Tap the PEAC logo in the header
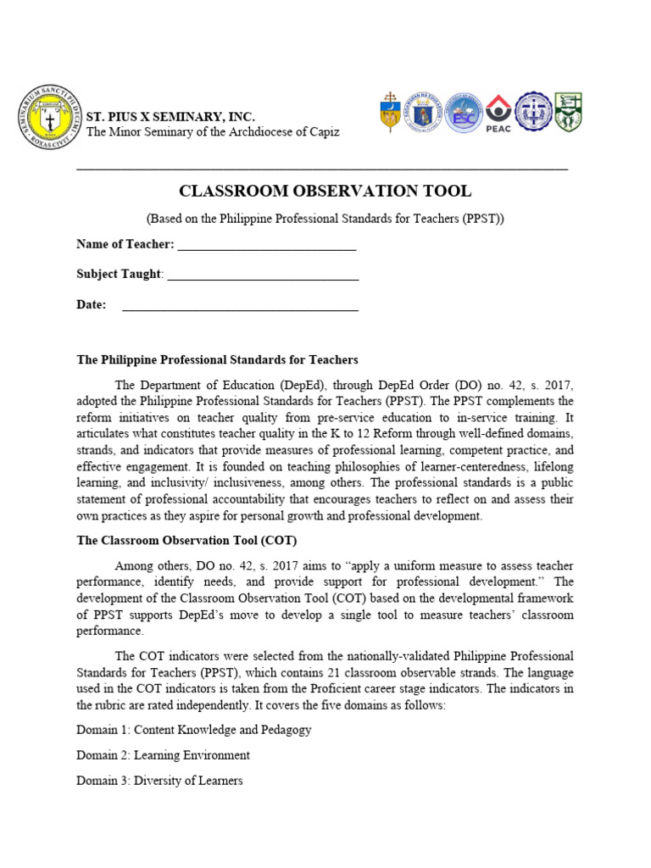tap(498, 113)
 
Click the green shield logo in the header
tap(568, 111)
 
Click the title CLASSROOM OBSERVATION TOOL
tap(325, 191)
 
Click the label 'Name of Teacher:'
tap(125, 245)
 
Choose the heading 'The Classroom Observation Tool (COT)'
tap(186, 541)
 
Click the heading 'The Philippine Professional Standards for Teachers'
tap(217, 359)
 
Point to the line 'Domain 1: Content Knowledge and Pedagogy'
tap(193, 729)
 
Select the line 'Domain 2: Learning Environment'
tap(163, 754)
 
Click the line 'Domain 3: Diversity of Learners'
tap(159, 780)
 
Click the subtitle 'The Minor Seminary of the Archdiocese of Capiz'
tap(213, 131)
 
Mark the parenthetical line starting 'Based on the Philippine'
tap(325, 218)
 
